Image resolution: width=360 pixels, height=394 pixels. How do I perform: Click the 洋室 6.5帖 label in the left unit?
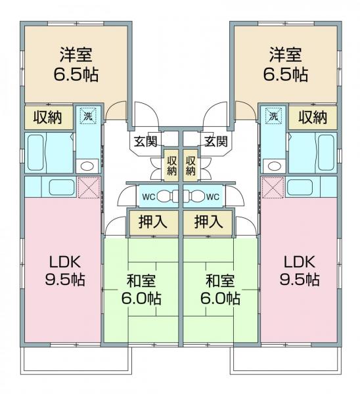click(x=76, y=64)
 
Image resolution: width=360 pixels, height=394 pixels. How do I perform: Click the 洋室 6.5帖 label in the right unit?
click(x=286, y=64)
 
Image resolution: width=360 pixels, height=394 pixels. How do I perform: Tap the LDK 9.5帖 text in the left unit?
click(x=65, y=271)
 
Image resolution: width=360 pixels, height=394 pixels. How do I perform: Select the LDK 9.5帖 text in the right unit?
click(x=300, y=271)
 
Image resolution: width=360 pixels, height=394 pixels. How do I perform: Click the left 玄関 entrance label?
click(x=146, y=141)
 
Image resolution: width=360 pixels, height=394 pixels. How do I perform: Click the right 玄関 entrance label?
click(x=216, y=141)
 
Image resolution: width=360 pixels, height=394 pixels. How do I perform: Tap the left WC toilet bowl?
click(x=167, y=196)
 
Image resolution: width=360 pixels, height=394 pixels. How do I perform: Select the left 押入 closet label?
click(x=153, y=222)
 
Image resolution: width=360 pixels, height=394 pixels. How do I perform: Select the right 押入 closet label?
click(x=209, y=222)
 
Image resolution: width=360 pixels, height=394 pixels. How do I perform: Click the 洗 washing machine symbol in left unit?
click(x=88, y=116)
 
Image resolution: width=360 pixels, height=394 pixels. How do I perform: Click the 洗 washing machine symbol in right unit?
click(x=273, y=116)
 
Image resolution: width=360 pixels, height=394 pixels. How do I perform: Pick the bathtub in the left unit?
click(x=35, y=152)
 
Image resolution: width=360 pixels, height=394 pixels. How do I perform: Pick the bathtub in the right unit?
click(x=326, y=152)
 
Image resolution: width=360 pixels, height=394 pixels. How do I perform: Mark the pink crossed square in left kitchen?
click(x=89, y=187)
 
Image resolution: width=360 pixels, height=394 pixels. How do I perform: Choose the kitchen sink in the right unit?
click(x=300, y=187)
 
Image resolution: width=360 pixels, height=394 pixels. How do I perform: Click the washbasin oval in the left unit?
click(x=87, y=166)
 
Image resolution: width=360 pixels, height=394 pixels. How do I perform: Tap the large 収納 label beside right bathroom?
click(x=313, y=117)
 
